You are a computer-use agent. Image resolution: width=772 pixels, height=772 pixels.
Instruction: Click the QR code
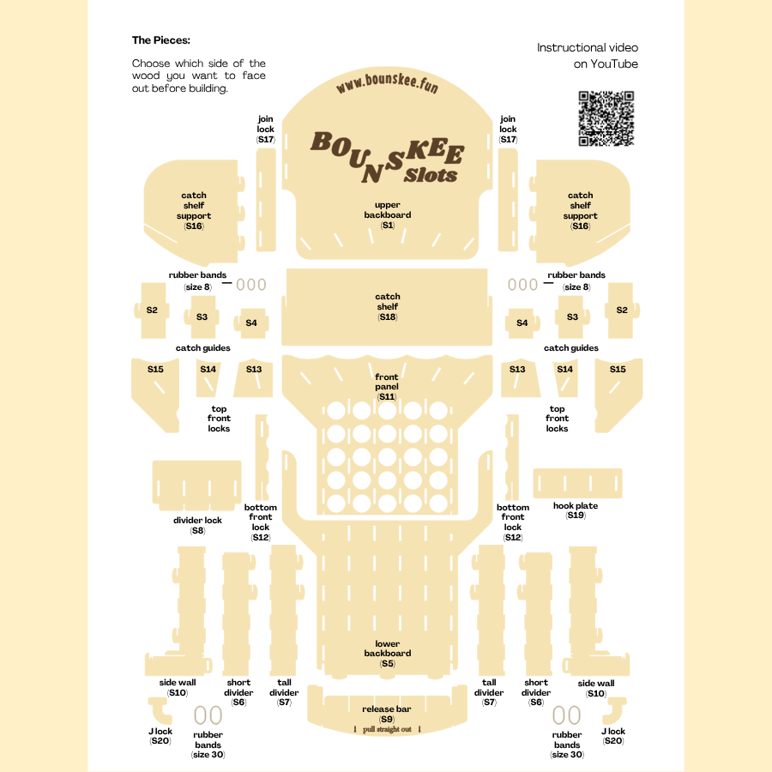coord(606,118)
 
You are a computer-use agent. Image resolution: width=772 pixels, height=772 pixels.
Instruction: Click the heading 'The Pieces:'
coord(161,39)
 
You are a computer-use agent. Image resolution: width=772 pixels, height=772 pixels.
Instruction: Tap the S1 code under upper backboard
coord(388,225)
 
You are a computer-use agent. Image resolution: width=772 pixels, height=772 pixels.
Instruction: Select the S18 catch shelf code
coord(388,317)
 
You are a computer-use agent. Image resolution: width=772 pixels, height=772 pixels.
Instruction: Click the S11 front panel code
coord(387,397)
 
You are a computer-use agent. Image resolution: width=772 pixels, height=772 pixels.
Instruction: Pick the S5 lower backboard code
coord(388,663)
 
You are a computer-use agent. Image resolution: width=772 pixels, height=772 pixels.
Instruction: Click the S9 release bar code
coord(387,719)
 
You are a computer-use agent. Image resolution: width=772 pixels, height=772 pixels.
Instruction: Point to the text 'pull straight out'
coord(387,729)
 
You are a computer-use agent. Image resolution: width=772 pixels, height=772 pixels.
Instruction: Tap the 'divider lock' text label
coord(197,521)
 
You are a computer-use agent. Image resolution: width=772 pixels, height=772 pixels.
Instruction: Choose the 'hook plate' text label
coord(576,506)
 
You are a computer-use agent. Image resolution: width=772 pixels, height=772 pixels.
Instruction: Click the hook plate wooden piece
coord(577,483)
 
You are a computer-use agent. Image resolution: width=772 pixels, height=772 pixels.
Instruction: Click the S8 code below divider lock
coord(197,531)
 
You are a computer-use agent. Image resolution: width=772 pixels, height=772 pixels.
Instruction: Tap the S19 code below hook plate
coord(576,516)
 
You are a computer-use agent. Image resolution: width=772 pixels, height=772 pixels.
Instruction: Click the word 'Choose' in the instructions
coord(151,63)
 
